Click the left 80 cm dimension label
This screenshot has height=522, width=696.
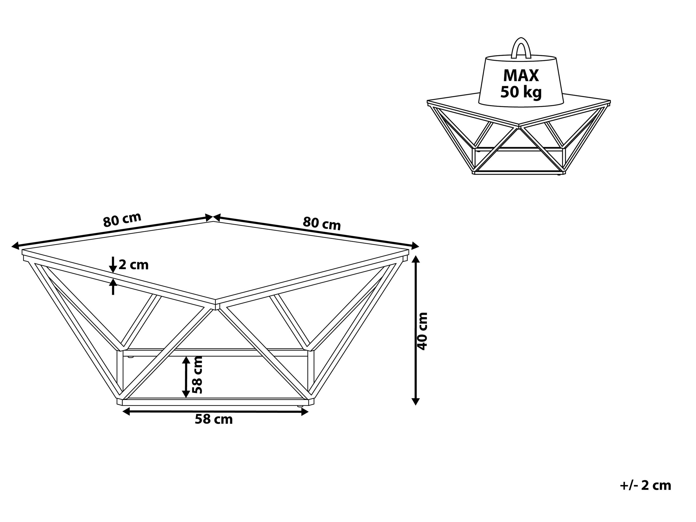click(x=122, y=220)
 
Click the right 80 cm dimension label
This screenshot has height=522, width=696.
click(x=322, y=223)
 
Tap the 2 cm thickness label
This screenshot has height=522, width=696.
click(x=134, y=265)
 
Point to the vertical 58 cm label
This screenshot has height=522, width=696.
click(x=197, y=374)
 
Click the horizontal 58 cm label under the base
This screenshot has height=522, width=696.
click(x=214, y=420)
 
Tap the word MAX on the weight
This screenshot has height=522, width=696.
click(x=521, y=76)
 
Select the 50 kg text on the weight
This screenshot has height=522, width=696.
click(x=521, y=92)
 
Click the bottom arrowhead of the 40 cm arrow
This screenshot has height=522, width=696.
click(x=416, y=402)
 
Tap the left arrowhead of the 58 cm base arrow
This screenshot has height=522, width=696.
click(x=126, y=412)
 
